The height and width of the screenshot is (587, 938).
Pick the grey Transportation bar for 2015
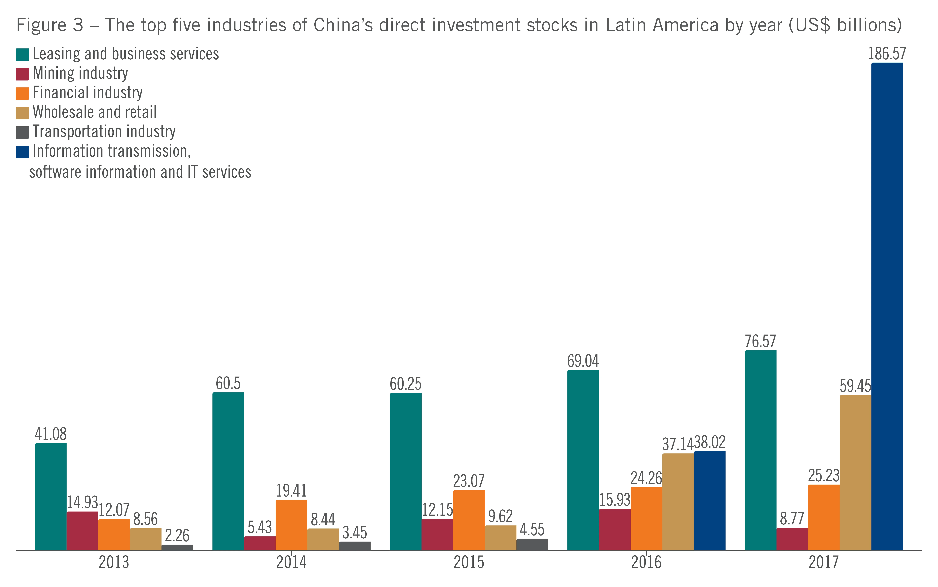(x=532, y=544)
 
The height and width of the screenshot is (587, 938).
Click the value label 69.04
(x=583, y=361)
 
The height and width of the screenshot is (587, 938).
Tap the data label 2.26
(x=177, y=536)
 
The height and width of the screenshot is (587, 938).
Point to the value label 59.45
(x=855, y=386)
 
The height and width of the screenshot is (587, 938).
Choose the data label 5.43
(x=260, y=527)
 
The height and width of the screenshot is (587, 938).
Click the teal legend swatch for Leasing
(x=22, y=55)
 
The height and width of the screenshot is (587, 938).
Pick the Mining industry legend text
(x=80, y=73)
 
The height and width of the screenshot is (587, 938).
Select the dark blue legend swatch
(x=22, y=152)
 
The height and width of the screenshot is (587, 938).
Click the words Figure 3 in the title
(x=50, y=25)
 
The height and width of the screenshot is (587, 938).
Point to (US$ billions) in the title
(x=845, y=25)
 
